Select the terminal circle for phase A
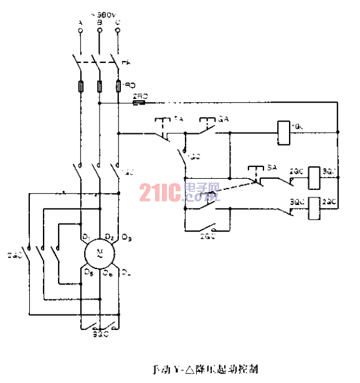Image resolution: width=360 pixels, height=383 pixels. click(80, 31)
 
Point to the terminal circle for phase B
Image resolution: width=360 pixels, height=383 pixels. click(100, 31)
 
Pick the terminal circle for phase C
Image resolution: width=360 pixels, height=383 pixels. click(118, 31)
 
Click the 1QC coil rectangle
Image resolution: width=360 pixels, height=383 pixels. click(283, 132)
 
